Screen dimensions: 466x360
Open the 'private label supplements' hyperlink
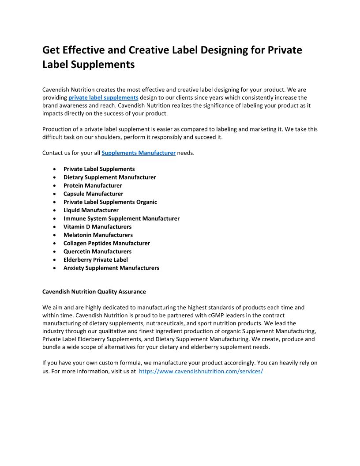(103, 98)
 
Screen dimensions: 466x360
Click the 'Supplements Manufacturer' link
(139, 153)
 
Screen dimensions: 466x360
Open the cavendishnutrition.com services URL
(201, 372)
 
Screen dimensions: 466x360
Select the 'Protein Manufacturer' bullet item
(93, 185)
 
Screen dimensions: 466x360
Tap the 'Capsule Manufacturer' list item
(93, 194)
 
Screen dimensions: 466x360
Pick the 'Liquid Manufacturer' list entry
(91, 210)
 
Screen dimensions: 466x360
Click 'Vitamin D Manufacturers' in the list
(97, 227)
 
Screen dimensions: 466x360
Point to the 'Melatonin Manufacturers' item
(98, 235)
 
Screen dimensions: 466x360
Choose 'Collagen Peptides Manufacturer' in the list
(107, 243)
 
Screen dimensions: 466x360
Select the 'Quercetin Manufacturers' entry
(97, 252)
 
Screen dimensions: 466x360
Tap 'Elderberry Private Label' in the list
(96, 259)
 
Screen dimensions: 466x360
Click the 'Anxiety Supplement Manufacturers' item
(111, 268)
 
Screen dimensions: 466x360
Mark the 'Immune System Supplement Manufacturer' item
(121, 218)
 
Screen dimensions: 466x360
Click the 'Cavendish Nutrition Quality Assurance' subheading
(94, 292)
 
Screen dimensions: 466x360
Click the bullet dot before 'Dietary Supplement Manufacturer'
(54, 177)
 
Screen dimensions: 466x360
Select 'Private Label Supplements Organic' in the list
(110, 202)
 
